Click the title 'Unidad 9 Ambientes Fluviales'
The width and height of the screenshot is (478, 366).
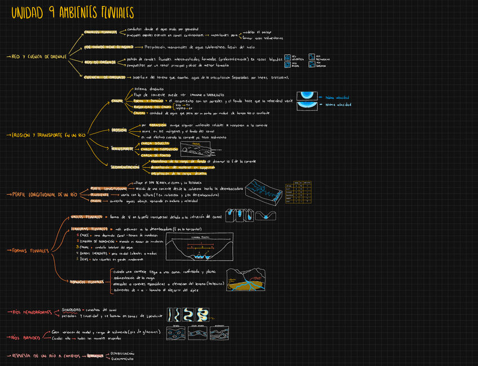pyautogui.click(x=72, y=13)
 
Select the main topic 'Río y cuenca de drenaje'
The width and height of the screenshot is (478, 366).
pyautogui.click(x=39, y=57)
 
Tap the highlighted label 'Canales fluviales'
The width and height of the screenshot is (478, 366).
pyautogui.click(x=100, y=32)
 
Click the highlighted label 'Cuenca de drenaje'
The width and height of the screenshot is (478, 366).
pyautogui.click(x=104, y=77)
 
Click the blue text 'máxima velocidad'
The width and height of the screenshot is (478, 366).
pyautogui.click(x=338, y=97)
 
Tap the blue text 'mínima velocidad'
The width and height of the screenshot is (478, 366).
pyautogui.click(x=338, y=105)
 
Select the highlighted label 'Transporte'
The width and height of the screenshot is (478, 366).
pyautogui.click(x=122, y=149)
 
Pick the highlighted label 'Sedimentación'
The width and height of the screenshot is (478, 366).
pyautogui.click(x=125, y=167)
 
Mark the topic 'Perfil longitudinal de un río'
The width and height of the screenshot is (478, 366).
pyautogui.click(x=45, y=195)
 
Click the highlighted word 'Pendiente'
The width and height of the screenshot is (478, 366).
pyautogui.click(x=100, y=194)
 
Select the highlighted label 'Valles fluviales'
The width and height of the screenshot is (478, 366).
pyautogui.click(x=86, y=217)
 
